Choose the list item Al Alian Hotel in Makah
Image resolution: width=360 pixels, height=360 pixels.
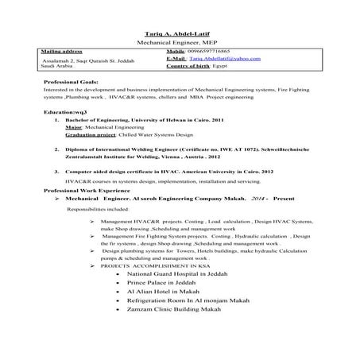(x=165, y=292)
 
